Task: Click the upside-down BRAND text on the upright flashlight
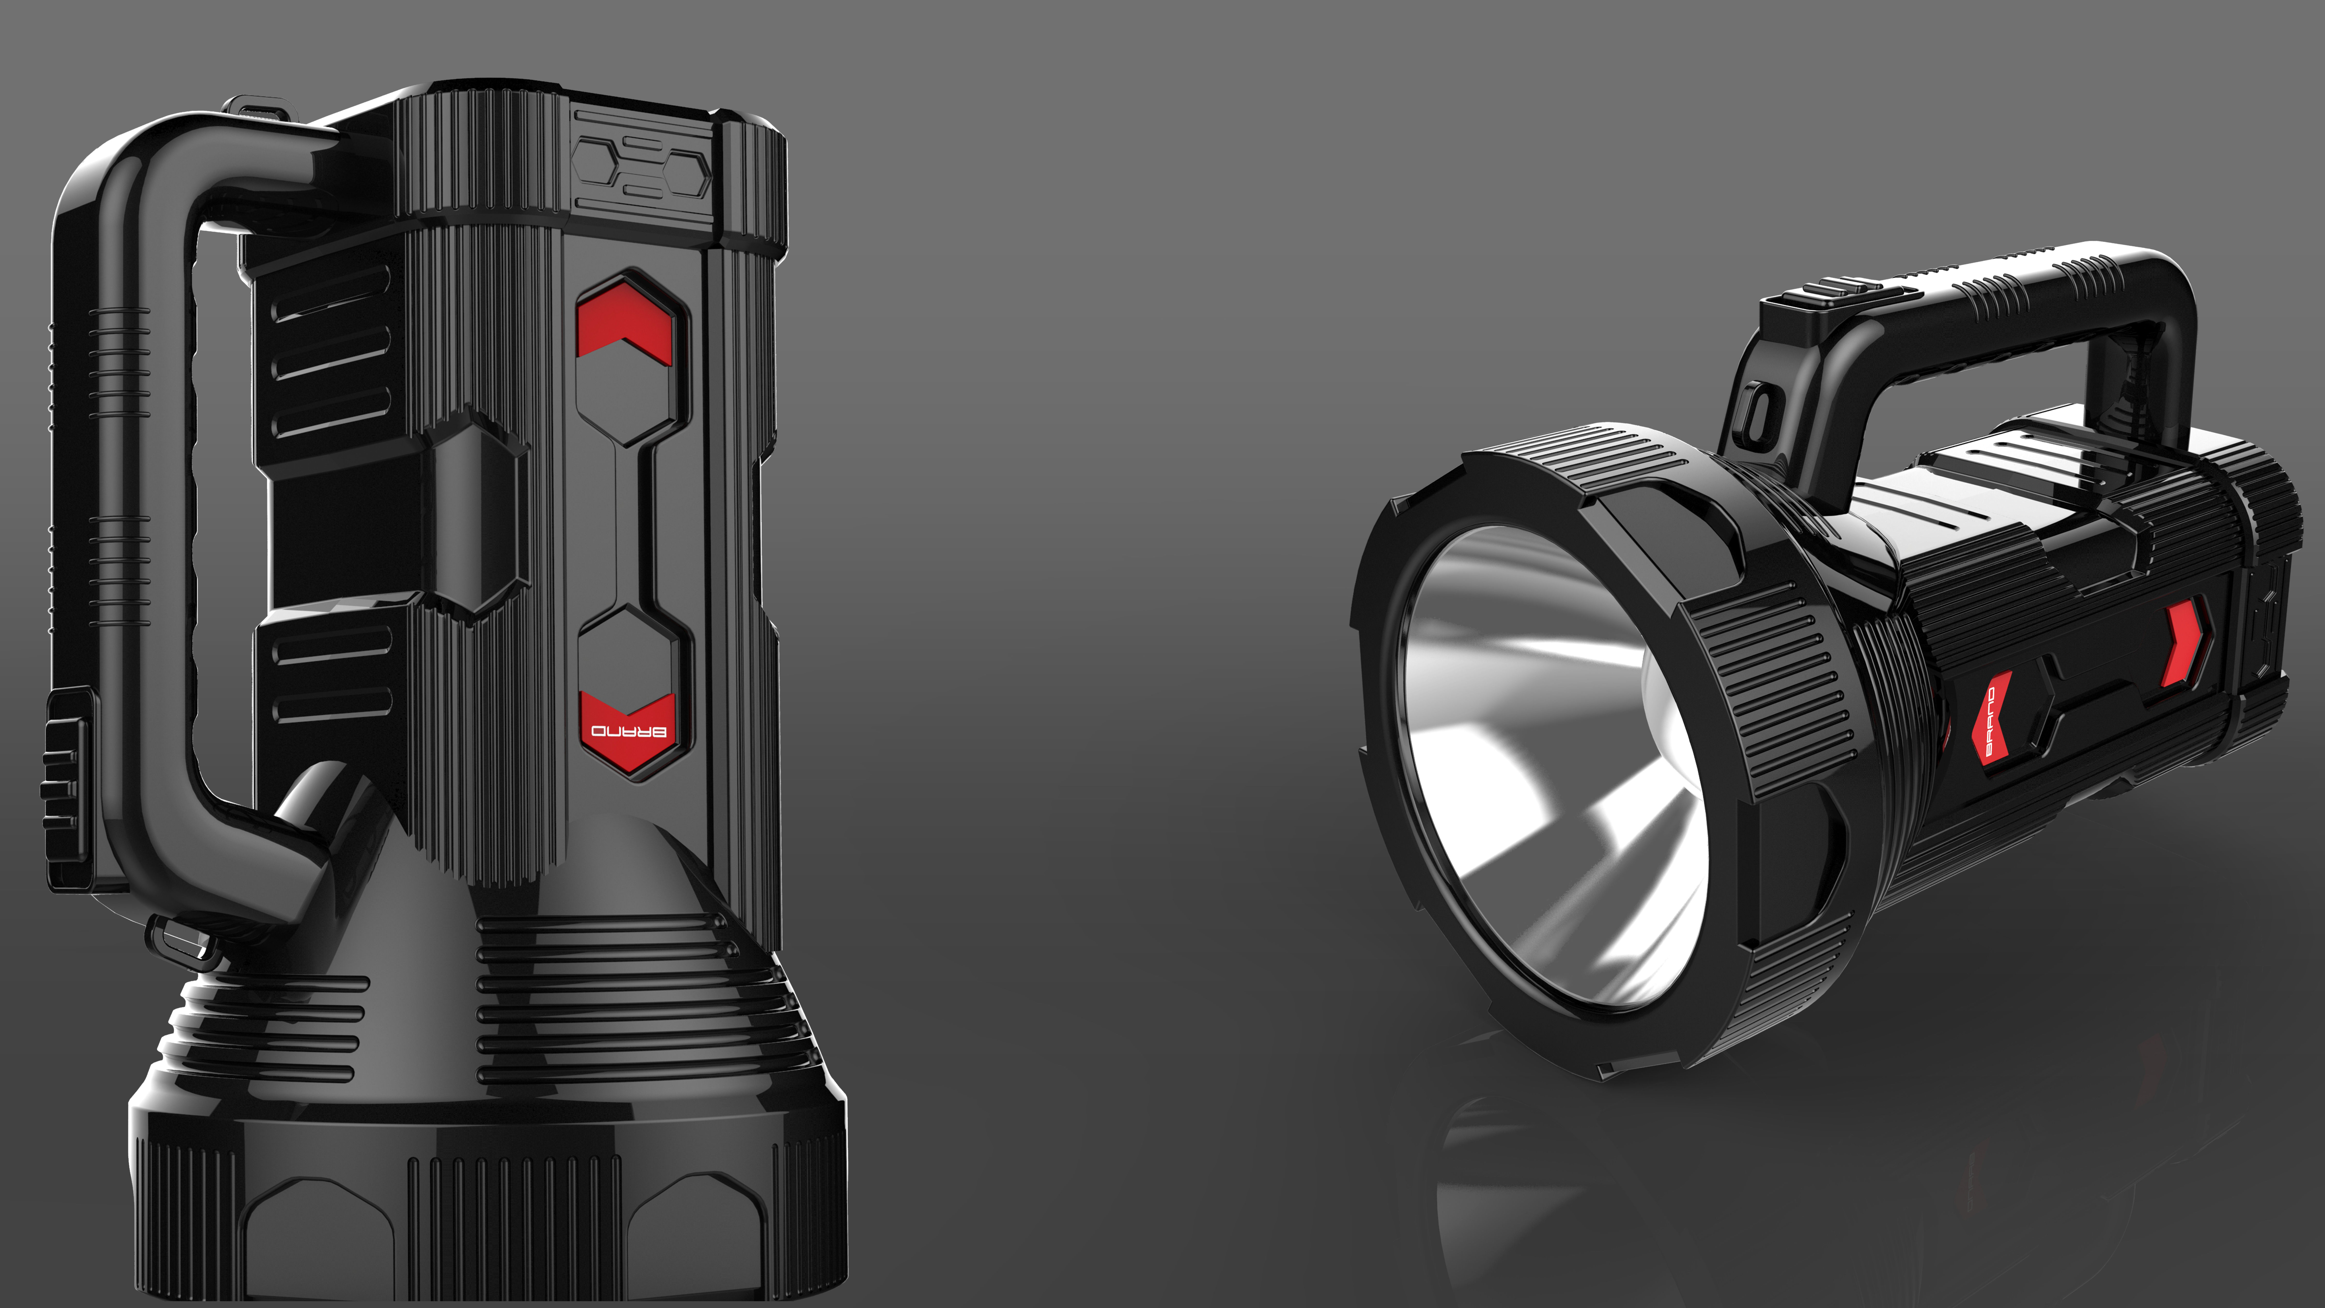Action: (629, 731)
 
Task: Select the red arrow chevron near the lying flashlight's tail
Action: (2182, 643)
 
